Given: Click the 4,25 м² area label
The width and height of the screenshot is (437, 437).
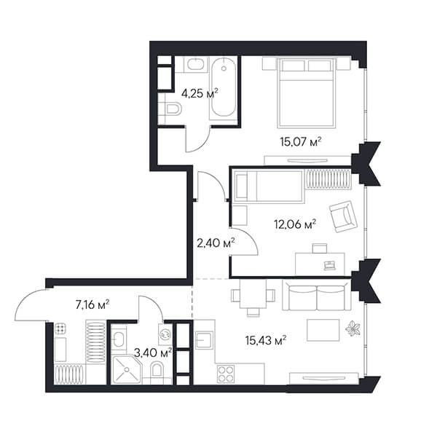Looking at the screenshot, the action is coord(200,93).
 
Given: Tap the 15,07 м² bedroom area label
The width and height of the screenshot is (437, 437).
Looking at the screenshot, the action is coord(301,141).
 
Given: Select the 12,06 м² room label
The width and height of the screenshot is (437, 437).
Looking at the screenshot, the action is coord(295,224).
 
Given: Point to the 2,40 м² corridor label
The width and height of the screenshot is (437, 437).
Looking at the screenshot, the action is coord(216,243).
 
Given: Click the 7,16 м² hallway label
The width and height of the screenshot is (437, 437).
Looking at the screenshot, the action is coord(92,305).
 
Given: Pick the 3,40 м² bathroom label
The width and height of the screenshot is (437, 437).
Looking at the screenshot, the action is coord(152,353).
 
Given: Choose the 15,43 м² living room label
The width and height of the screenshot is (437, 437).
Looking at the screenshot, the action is coord(266,340).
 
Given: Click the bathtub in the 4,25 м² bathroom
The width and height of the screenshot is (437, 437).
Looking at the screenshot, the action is coord(224,88).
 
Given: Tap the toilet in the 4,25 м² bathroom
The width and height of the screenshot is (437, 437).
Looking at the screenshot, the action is coord(170,109).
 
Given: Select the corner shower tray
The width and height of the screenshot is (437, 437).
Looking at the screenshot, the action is coord(127,369).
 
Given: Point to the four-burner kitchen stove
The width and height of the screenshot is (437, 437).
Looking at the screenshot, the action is coord(226,374).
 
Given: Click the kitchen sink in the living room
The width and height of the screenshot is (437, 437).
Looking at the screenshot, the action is coord(204,340).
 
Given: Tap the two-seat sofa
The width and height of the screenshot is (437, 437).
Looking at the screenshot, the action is coord(317,296).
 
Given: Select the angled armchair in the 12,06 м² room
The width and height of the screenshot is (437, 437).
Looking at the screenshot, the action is coord(343,216).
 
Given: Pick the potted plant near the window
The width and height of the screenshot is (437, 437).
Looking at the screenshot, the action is coord(353,329).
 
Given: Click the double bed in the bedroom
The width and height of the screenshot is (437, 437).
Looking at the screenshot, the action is coord(307,93).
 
